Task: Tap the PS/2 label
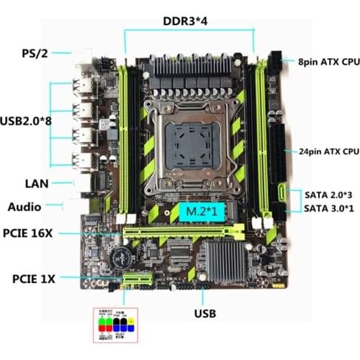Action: pyautogui.click(x=36, y=53)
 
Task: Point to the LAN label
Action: pyautogui.click(x=35, y=183)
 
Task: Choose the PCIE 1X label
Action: pyautogui.click(x=36, y=278)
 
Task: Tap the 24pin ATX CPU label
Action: pyautogui.click(x=328, y=152)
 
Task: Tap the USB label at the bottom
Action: pyautogui.click(x=204, y=314)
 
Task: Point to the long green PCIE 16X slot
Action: pyautogui.click(x=184, y=232)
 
